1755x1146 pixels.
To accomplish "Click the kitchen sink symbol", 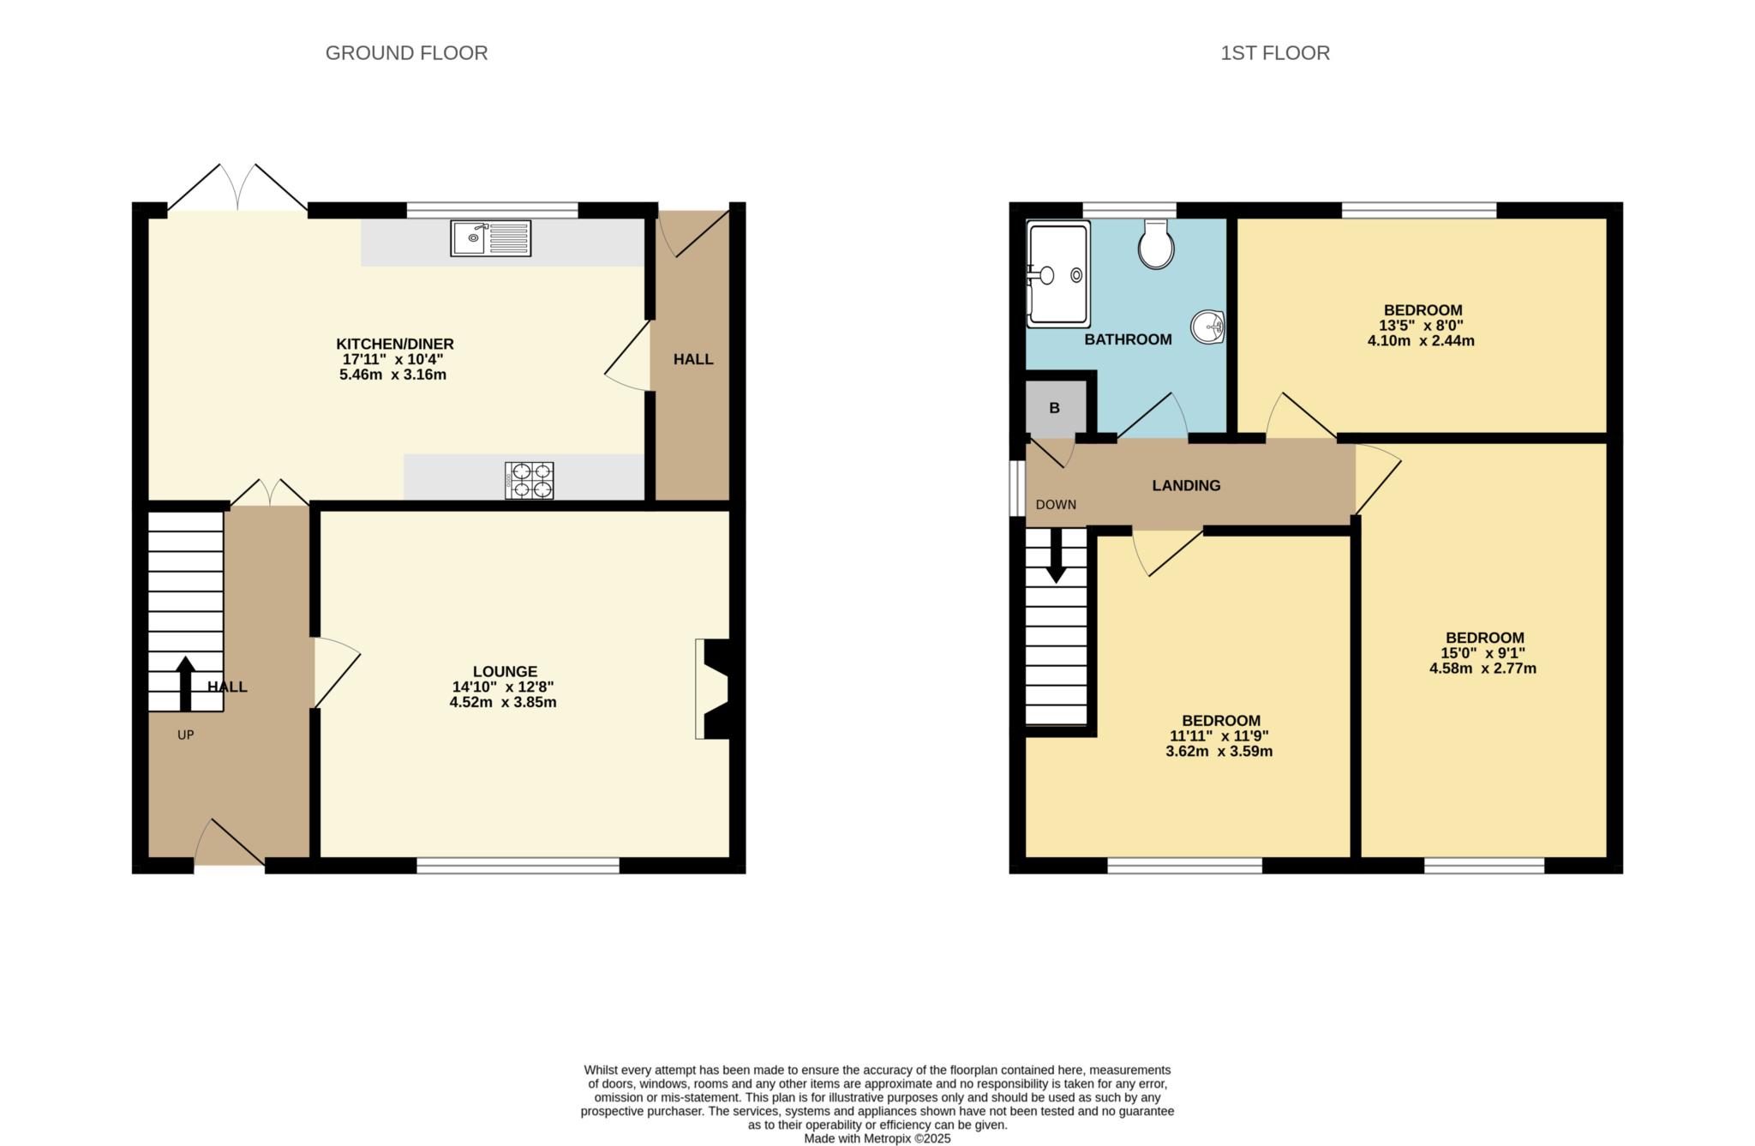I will point(490,237).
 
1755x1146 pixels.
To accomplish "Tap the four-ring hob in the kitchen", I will point(529,480).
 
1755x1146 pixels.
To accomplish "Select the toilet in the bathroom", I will point(1156,245).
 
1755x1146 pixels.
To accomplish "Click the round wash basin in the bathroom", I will point(1208,327).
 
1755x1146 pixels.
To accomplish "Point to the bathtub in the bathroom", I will point(1057,274).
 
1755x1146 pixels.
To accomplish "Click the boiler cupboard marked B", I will point(1055,408).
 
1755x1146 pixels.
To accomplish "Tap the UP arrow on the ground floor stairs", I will point(185,683).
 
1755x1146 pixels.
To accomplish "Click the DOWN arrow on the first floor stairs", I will point(1056,555).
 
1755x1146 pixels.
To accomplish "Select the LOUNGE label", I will point(505,672).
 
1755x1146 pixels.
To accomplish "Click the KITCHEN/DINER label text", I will point(394,344).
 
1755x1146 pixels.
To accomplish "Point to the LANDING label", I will point(1186,485).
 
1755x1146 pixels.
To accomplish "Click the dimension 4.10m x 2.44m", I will point(1421,340).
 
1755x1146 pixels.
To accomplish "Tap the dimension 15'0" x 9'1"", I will point(1483,653).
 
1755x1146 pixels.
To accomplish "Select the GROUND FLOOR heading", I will point(406,53).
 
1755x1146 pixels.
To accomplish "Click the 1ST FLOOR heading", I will point(1274,53).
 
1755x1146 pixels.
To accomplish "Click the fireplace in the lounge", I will point(713,688).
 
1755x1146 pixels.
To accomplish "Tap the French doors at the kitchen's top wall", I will point(237,189).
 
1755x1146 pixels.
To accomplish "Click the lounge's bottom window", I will point(518,866).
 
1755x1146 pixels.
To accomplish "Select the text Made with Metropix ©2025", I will point(877,1139).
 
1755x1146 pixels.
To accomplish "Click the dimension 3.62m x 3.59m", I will point(1219,752).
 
